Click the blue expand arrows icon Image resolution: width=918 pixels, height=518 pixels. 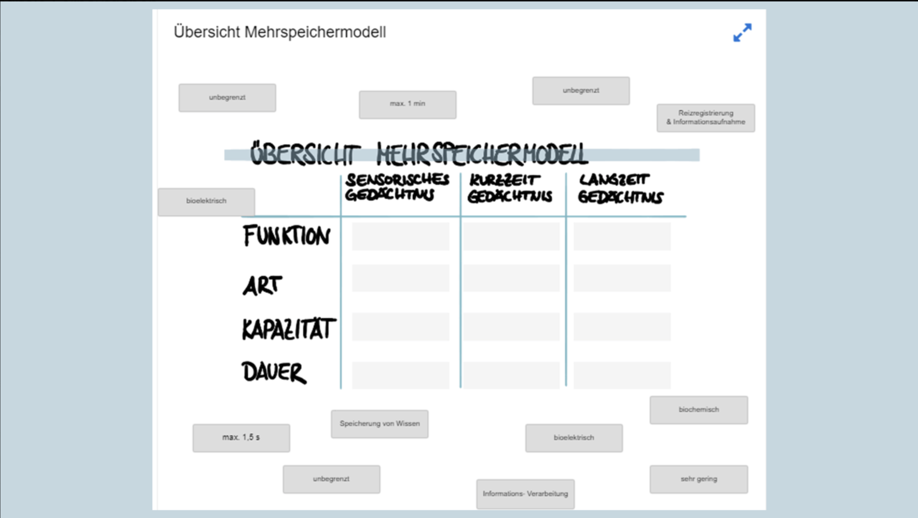tap(742, 33)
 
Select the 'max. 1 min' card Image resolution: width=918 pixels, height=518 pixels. tap(408, 104)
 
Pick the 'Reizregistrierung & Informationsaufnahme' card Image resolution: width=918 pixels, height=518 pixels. tap(706, 118)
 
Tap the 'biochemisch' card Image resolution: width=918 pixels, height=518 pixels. tap(699, 410)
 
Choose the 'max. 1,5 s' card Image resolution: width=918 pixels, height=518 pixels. tap(241, 438)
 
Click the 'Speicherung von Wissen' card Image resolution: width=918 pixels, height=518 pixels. tap(379, 424)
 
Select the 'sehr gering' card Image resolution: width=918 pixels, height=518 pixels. tap(699, 479)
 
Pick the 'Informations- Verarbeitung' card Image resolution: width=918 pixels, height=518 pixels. tap(525, 494)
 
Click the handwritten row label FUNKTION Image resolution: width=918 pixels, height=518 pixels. tap(286, 236)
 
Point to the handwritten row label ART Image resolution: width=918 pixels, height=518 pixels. tap(262, 286)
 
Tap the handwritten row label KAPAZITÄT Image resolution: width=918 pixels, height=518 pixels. tap(289, 329)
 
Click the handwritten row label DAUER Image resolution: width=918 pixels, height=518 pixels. tap(274, 372)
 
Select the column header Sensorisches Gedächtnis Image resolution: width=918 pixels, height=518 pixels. tap(397, 187)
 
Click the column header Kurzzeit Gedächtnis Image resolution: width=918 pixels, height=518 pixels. tap(510, 189)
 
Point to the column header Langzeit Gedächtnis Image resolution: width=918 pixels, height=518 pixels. tap(620, 189)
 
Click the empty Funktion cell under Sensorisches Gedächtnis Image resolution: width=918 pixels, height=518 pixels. tap(400, 236)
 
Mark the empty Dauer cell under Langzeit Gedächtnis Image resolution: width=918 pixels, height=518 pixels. tap(622, 375)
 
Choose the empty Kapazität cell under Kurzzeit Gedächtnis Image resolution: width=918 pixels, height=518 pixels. tap(511, 326)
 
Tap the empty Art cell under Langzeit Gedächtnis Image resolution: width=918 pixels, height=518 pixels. tap(622, 278)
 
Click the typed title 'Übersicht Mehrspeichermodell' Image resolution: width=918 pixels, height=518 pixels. tap(280, 32)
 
